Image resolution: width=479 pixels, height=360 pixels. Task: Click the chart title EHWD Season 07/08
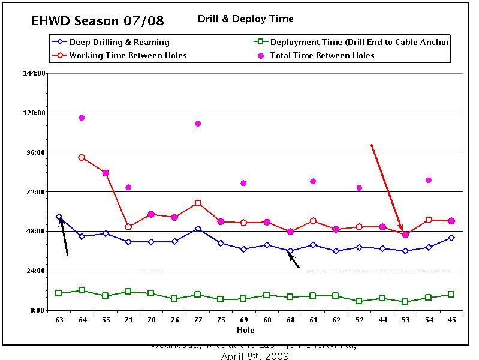98,22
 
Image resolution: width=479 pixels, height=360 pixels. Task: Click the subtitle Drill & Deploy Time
245,19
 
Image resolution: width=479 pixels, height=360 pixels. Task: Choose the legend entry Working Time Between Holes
128,55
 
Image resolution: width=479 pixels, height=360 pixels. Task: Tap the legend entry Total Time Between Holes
322,55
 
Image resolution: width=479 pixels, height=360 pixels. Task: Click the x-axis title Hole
245,330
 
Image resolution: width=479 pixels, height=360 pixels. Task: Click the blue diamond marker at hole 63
59,217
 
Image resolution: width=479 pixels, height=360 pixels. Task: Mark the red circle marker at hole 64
82,157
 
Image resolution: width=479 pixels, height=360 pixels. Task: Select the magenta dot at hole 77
197,124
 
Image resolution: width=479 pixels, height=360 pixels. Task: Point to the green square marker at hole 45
451,295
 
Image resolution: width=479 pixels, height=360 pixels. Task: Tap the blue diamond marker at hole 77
197,229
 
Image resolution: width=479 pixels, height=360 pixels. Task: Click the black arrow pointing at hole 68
293,260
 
